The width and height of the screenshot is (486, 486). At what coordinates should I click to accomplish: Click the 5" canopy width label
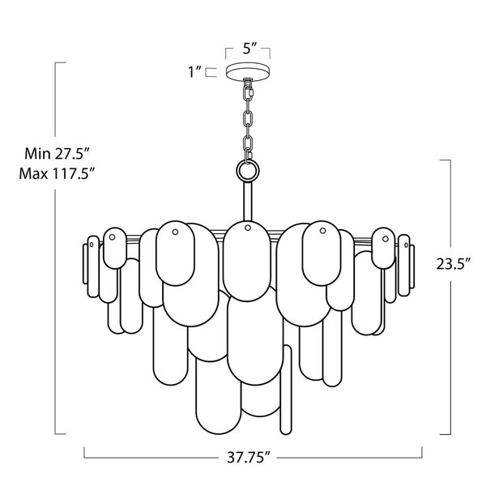tap(249, 49)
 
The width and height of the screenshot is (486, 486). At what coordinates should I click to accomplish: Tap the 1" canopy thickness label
tap(195, 72)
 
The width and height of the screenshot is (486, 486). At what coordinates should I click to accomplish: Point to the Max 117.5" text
tap(57, 173)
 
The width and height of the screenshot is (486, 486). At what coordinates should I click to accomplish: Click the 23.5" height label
tap(454, 264)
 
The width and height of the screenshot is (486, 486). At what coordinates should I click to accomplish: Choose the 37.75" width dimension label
tap(249, 457)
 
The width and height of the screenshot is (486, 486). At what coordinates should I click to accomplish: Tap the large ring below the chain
tap(248, 170)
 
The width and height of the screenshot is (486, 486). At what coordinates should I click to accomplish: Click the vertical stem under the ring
tap(248, 202)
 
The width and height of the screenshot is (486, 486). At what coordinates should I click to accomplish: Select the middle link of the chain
tap(248, 119)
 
